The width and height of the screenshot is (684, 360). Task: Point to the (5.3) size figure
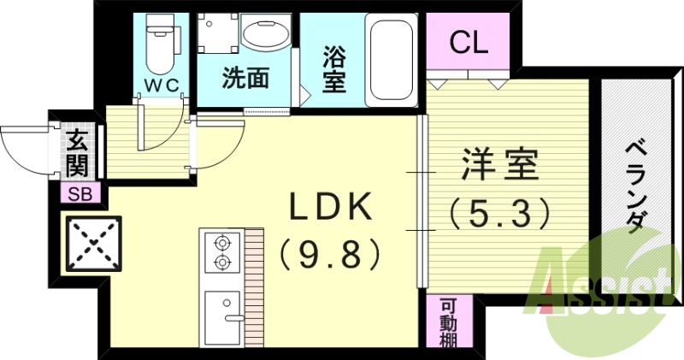[500, 212]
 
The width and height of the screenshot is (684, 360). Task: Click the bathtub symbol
[392, 58]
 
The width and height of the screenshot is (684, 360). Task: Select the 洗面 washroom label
[246, 79]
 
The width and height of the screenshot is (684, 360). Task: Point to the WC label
[160, 86]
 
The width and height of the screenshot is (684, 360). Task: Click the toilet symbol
[160, 43]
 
